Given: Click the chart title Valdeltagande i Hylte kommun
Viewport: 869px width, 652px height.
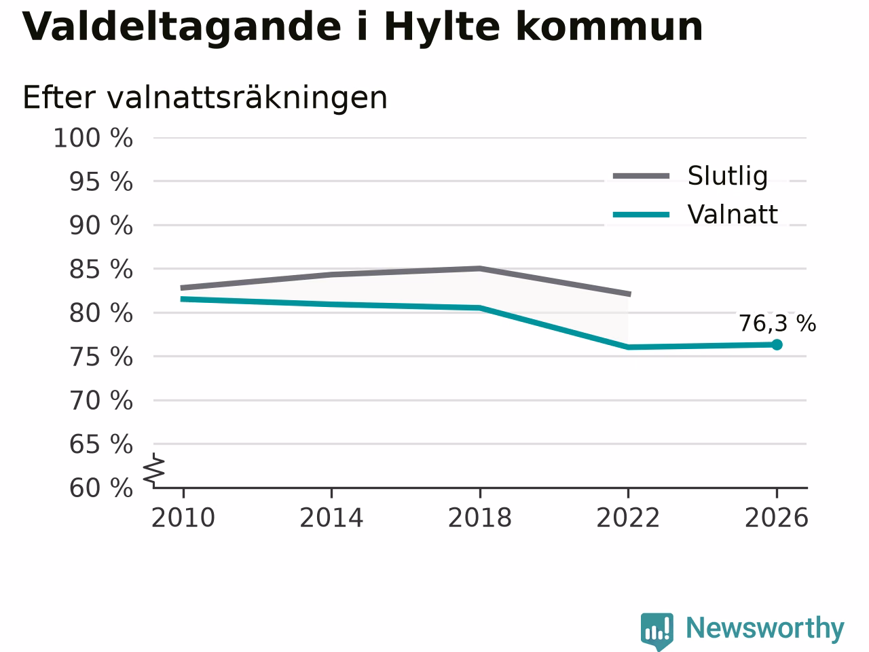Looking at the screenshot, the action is click(x=363, y=28).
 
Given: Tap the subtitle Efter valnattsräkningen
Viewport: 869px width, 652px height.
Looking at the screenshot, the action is click(x=204, y=98).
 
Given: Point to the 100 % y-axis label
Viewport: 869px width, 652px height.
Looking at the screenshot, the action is click(x=93, y=138).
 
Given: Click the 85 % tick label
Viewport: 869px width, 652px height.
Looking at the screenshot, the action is click(x=101, y=270).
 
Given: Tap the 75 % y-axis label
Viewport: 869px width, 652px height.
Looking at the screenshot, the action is click(x=101, y=357).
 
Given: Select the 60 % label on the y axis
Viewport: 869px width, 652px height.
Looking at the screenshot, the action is click(x=101, y=488).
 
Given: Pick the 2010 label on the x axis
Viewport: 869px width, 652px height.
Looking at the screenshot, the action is click(x=183, y=518).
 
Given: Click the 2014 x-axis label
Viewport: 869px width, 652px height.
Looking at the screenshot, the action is click(x=331, y=518).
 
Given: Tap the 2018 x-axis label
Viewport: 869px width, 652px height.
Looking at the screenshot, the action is click(x=480, y=518).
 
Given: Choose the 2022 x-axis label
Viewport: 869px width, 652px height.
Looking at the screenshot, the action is click(x=628, y=518).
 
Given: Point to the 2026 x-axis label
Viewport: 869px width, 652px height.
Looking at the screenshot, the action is click(x=777, y=518).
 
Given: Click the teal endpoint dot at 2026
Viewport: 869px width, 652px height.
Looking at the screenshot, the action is click(x=777, y=345).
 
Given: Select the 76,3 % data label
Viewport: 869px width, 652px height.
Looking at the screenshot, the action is click(x=777, y=323).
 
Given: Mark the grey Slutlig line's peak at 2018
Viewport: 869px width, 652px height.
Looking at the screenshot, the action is click(x=480, y=269).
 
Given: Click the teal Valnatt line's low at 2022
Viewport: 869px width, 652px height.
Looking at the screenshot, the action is click(x=628, y=347).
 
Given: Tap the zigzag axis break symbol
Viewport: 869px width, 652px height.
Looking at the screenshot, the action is click(x=153, y=469).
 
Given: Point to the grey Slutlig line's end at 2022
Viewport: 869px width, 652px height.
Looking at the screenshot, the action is click(x=630, y=294).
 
